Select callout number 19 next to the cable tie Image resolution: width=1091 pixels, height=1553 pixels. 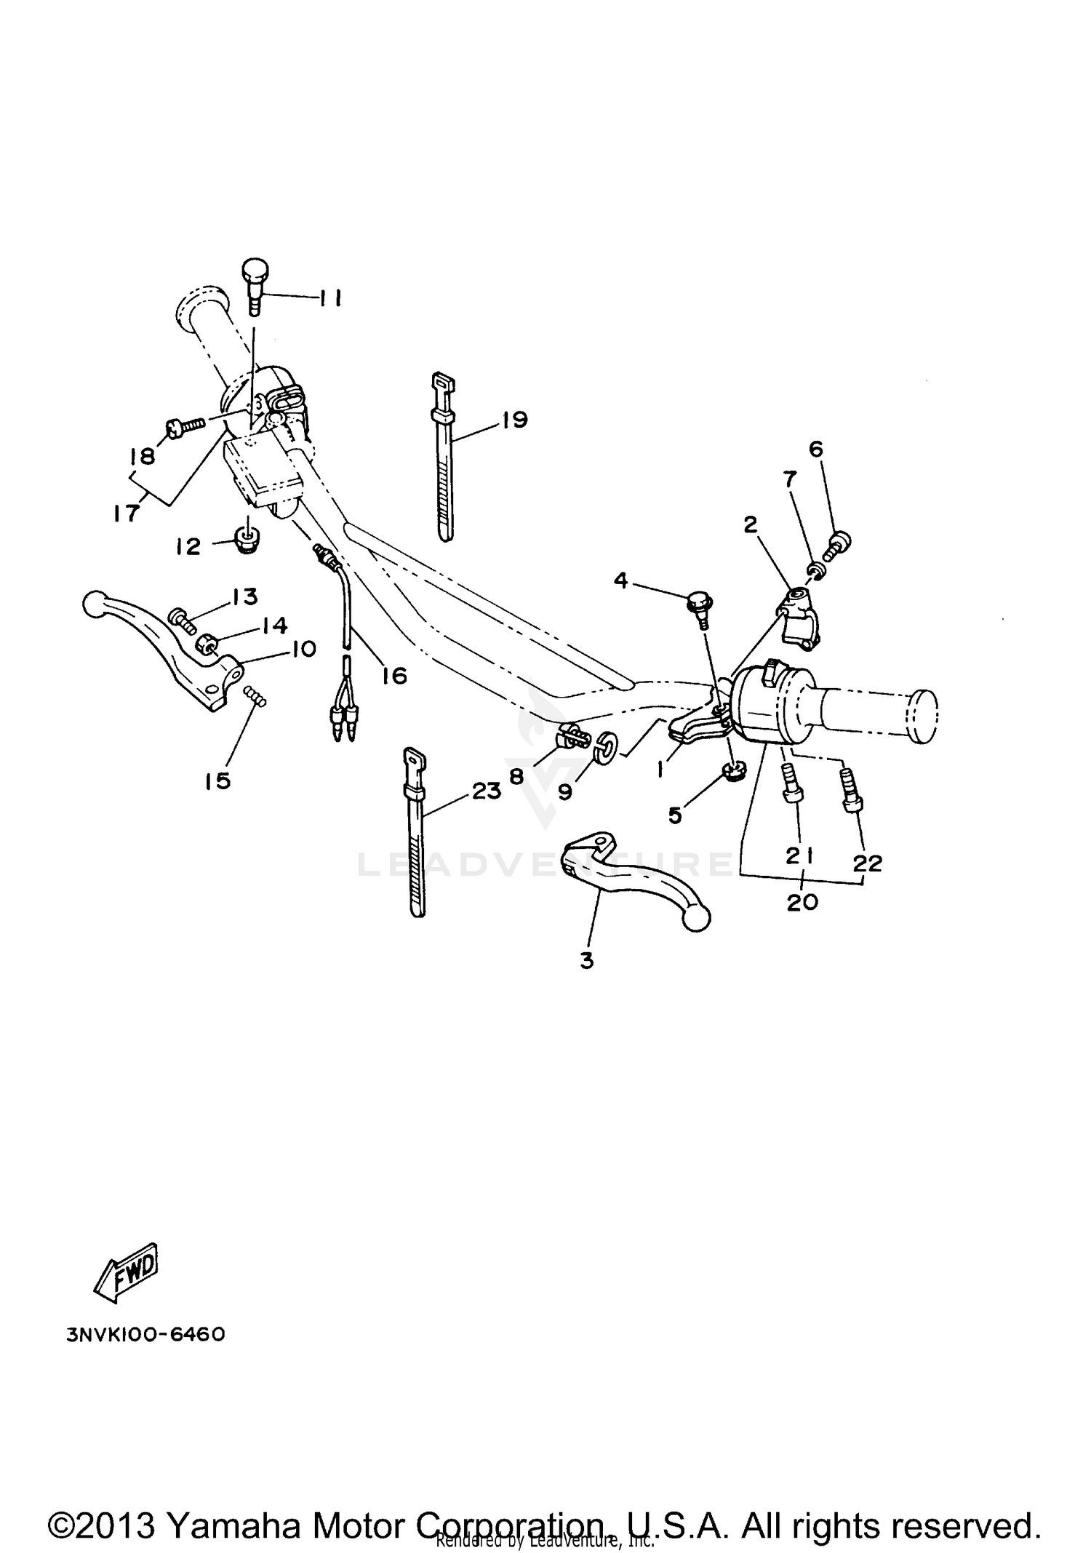515,420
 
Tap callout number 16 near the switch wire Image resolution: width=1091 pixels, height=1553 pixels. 394,675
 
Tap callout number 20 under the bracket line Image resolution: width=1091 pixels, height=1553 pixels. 802,902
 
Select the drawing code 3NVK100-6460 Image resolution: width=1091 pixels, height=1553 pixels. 145,1335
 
